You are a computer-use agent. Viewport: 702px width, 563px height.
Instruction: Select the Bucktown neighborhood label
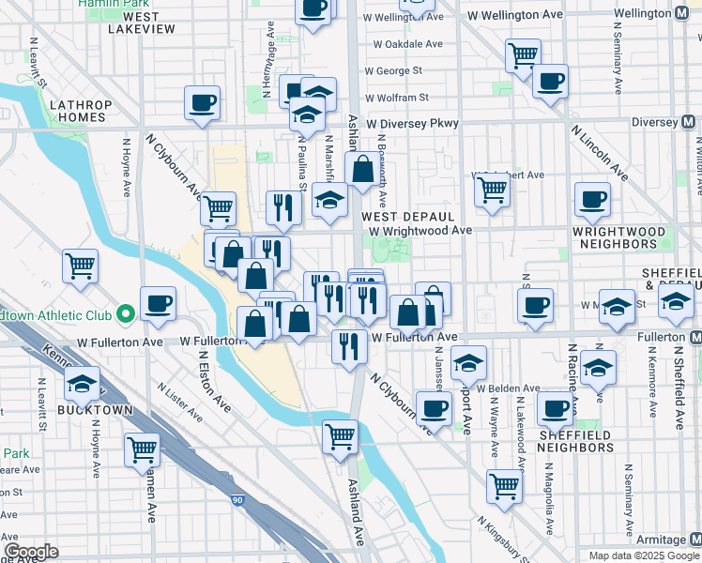click(x=91, y=410)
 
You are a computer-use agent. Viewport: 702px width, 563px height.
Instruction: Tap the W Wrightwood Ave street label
click(x=420, y=231)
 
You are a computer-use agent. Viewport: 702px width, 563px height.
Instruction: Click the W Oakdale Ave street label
click(x=407, y=44)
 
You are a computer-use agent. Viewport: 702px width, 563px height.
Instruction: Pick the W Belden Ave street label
click(x=508, y=388)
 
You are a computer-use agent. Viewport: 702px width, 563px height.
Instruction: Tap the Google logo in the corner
click(x=31, y=552)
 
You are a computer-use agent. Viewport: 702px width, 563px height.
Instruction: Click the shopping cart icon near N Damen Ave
click(x=143, y=449)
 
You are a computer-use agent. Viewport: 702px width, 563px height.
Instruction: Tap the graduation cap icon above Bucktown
click(x=83, y=383)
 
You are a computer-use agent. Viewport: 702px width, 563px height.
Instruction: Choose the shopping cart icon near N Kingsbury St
click(x=504, y=486)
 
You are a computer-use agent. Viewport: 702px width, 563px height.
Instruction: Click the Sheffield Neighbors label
click(x=574, y=441)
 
